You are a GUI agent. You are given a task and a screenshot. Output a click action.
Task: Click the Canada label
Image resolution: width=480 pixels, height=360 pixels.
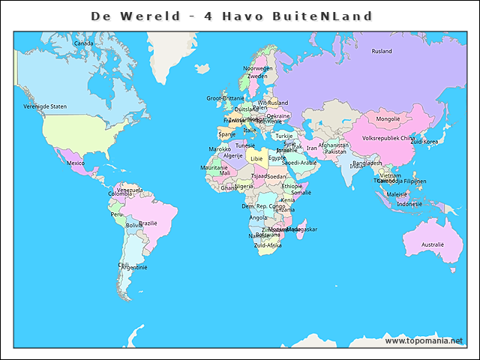pos(83,43)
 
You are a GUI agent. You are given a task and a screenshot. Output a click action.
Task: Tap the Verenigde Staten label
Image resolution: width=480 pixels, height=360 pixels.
pos(45,106)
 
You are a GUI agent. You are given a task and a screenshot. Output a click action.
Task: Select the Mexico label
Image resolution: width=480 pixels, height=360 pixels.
pos(76,163)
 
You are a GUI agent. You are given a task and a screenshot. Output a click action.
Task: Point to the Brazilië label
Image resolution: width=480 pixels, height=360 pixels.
pos(148,223)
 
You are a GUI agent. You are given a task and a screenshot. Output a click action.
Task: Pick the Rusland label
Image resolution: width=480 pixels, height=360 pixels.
pos(382,51)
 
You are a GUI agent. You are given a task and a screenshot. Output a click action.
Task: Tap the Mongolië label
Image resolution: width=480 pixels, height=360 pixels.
pos(388,119)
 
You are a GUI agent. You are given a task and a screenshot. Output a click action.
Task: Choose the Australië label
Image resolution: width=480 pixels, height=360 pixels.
pos(432,244)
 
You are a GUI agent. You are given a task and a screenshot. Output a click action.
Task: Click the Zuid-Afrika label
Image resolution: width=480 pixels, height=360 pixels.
pos(268,245)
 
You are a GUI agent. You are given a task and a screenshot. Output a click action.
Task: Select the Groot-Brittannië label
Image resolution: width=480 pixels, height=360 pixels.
pos(225,98)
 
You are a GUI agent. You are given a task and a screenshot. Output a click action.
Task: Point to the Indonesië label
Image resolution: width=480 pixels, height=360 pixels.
pos(409,204)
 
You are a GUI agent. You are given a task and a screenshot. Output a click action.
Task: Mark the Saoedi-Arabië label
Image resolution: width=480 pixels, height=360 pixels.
pos(299,162)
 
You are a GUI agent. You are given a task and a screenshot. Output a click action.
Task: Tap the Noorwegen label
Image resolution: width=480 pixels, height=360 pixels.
pos(257,68)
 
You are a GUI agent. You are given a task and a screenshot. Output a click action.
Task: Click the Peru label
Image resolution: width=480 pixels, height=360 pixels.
pos(116,214)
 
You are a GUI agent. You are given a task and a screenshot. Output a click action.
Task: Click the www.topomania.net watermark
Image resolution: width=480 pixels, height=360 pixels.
pos(424,340)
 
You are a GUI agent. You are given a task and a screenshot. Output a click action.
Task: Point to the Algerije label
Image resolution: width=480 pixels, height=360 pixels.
pos(233,156)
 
